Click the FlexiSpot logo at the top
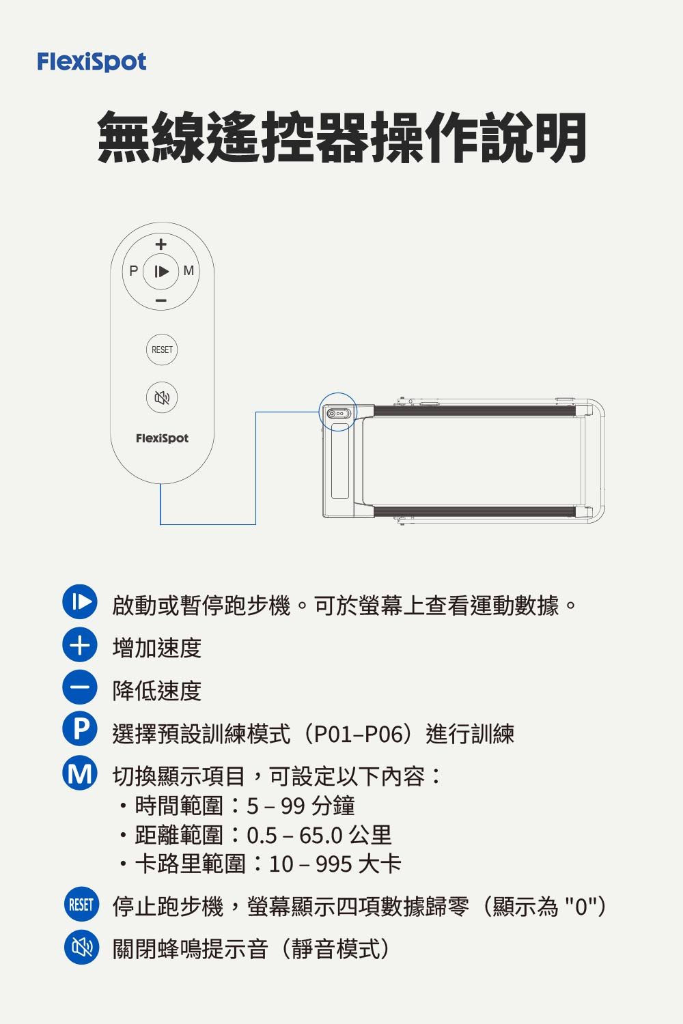point(92,62)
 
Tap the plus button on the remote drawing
point(161,244)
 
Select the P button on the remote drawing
point(134,271)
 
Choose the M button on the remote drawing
point(189,271)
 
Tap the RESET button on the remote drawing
point(162,350)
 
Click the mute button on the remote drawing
point(162,397)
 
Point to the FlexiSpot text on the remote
point(162,438)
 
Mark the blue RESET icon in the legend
point(81,905)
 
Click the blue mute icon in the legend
point(81,947)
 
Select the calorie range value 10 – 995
point(310,864)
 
